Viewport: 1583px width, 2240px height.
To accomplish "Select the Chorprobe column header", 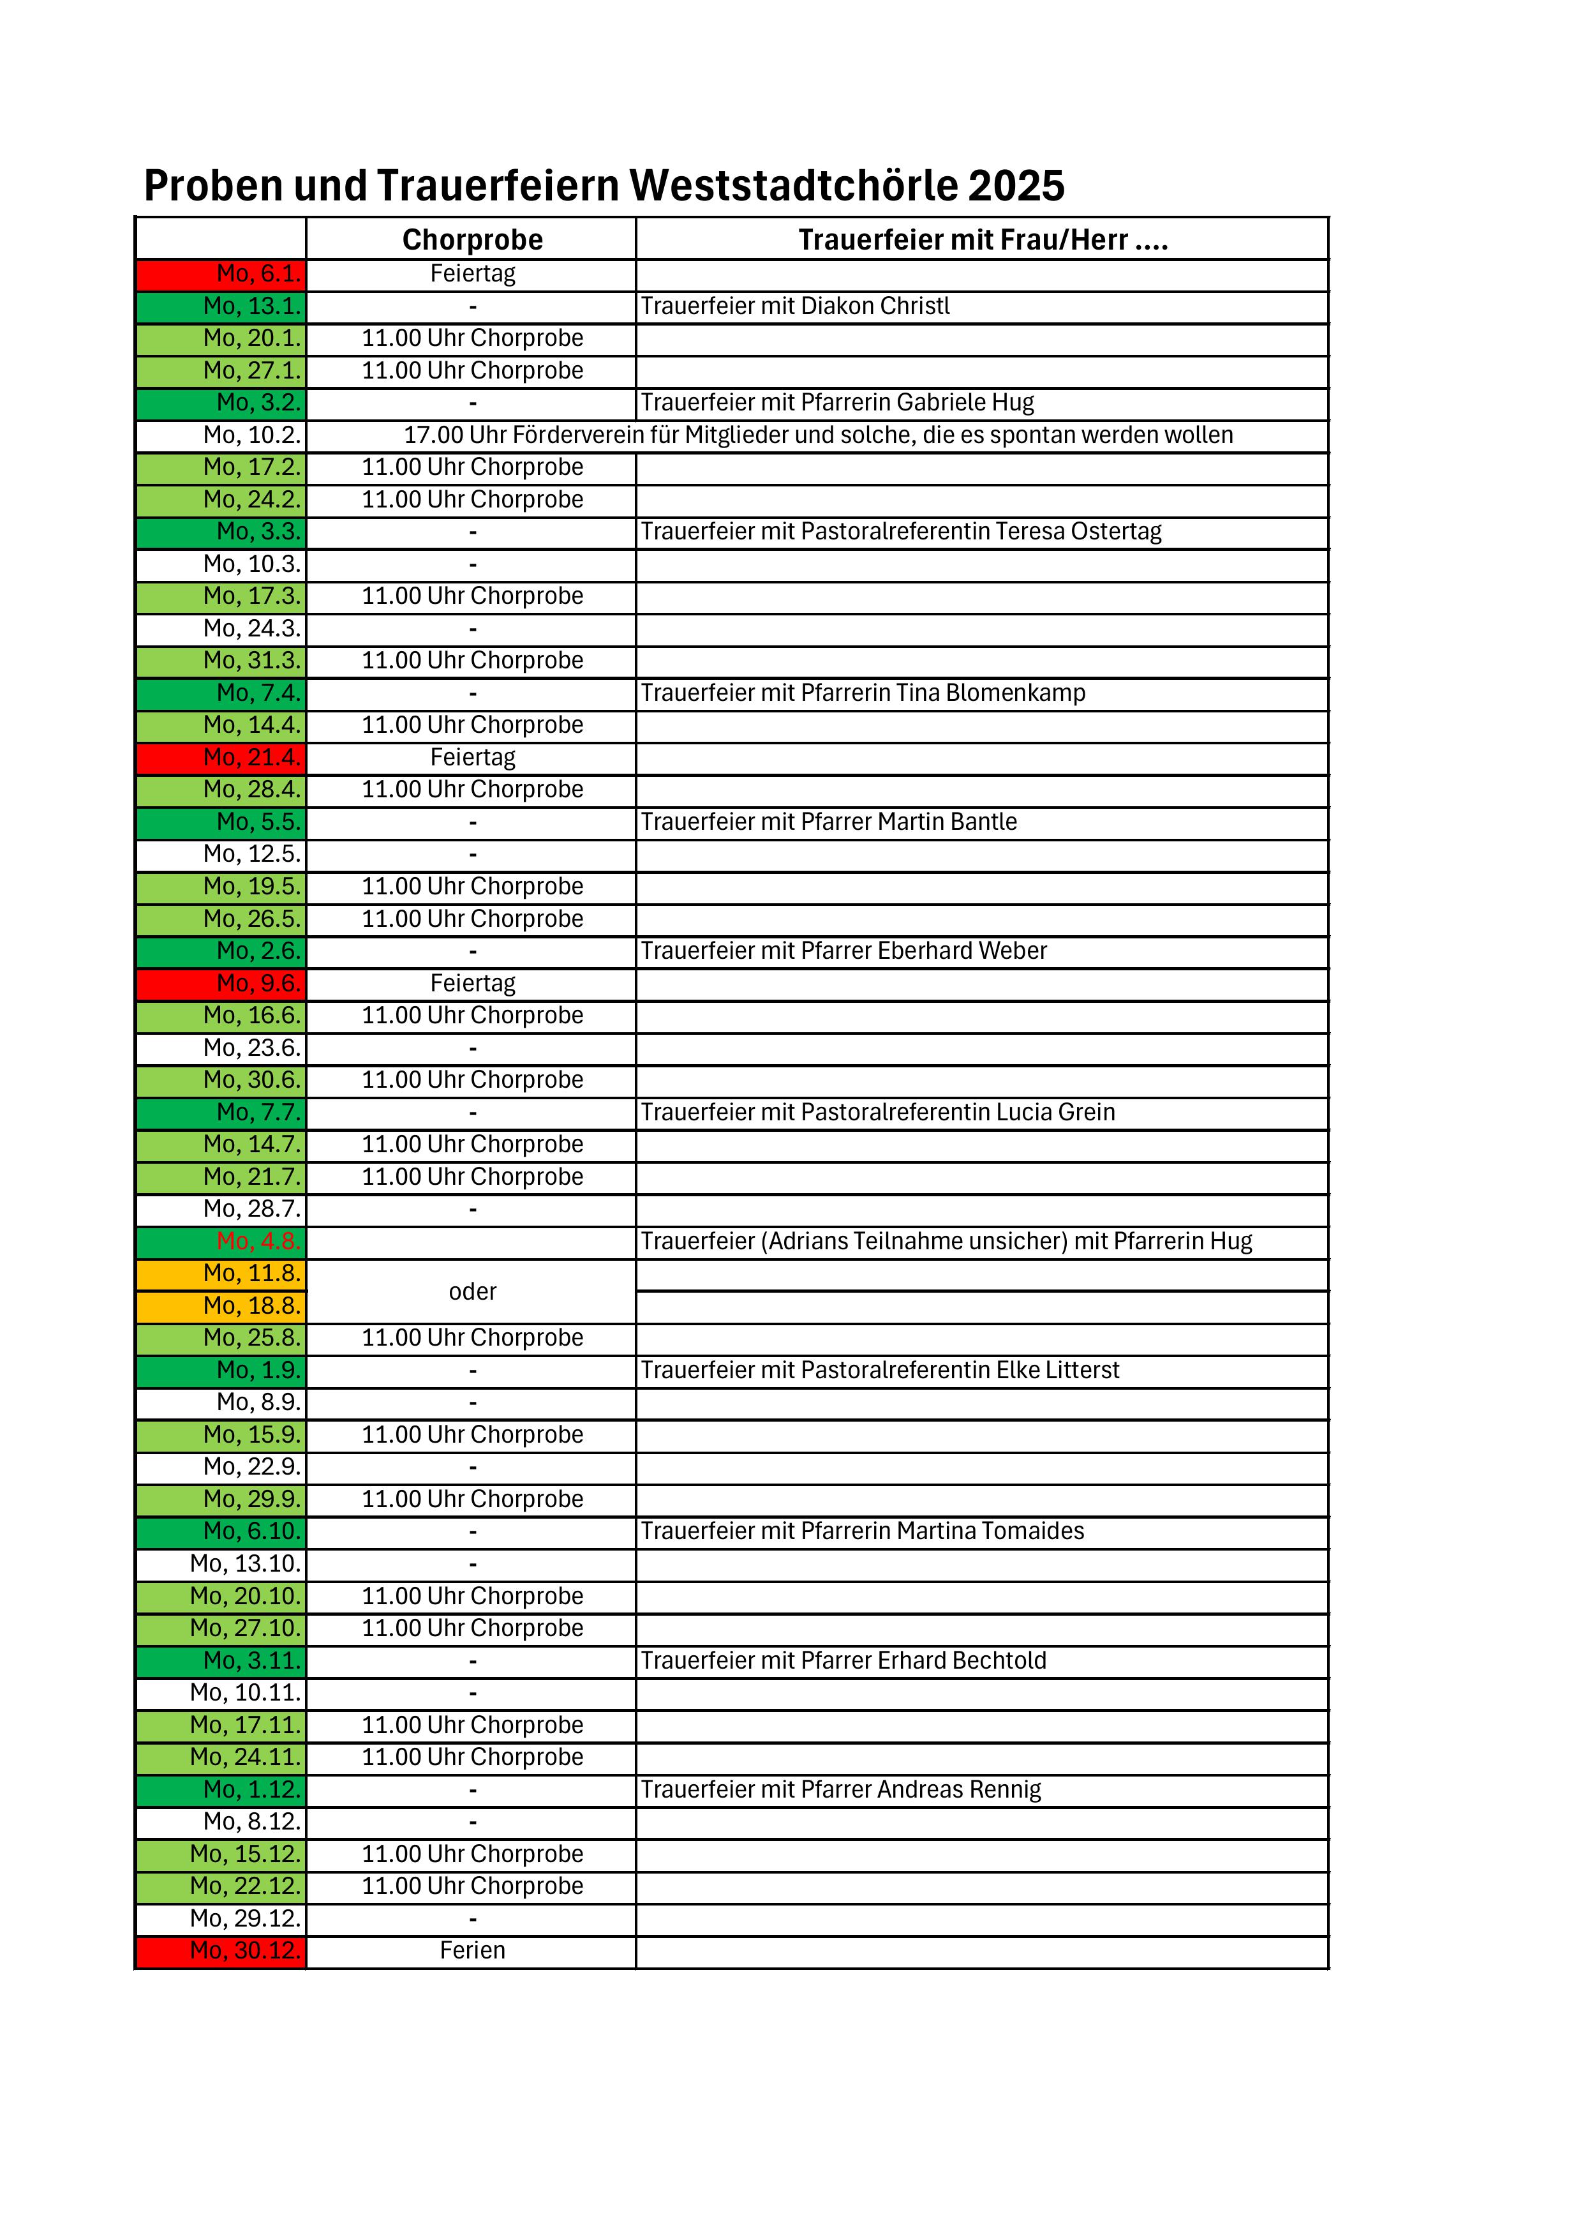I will [472, 240].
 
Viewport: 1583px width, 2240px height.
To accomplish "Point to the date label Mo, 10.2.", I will [251, 435].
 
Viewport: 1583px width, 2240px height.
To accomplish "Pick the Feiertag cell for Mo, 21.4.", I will [472, 758].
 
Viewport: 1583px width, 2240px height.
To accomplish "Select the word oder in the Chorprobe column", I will [472, 1291].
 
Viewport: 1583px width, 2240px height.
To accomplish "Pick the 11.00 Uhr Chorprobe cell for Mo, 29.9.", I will [472, 1500].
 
